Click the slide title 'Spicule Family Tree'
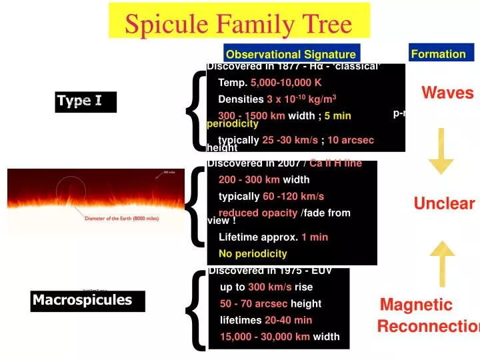238,24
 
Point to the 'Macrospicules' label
83,300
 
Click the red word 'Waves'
447,93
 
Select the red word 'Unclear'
444,203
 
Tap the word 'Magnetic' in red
416,305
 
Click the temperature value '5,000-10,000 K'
286,83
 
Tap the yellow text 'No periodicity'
253,253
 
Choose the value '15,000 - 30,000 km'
265,337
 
